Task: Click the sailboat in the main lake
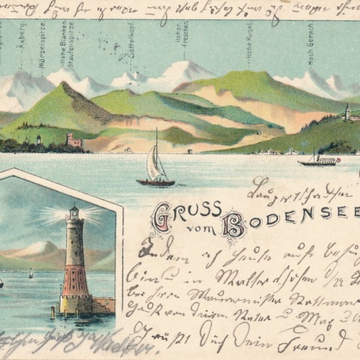click(x=155, y=167)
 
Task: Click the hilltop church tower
click(x=346, y=111)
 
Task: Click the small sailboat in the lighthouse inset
click(x=30, y=273)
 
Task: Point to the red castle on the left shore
click(x=73, y=140)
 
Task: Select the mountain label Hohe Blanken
click(x=65, y=48)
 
